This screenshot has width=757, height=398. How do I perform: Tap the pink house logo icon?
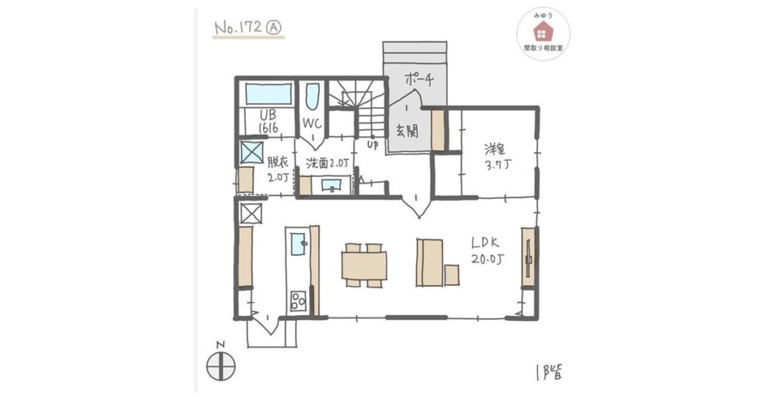(543, 33)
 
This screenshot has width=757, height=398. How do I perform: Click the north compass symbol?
(221, 366)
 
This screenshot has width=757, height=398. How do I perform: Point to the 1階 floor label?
(549, 372)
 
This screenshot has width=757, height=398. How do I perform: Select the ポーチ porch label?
(418, 79)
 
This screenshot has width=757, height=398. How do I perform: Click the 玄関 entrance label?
(407, 130)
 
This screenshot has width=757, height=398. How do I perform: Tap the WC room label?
(312, 124)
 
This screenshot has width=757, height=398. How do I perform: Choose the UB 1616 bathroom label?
(268, 121)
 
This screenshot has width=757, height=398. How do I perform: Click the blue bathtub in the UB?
(268, 94)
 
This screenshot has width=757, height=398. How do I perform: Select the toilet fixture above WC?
(313, 98)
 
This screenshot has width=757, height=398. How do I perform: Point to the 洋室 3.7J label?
(498, 157)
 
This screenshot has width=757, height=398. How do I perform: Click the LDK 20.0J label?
(488, 251)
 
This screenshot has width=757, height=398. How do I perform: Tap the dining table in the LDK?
(364, 266)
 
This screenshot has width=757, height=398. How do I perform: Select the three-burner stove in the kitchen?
(298, 301)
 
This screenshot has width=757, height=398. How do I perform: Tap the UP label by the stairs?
(373, 144)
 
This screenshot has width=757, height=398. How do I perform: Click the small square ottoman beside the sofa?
(452, 275)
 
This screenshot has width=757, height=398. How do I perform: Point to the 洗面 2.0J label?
(327, 163)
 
